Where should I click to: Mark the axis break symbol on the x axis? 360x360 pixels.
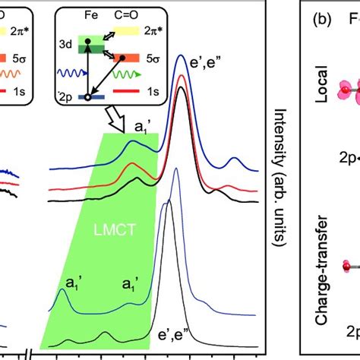(x=27, y=355)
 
